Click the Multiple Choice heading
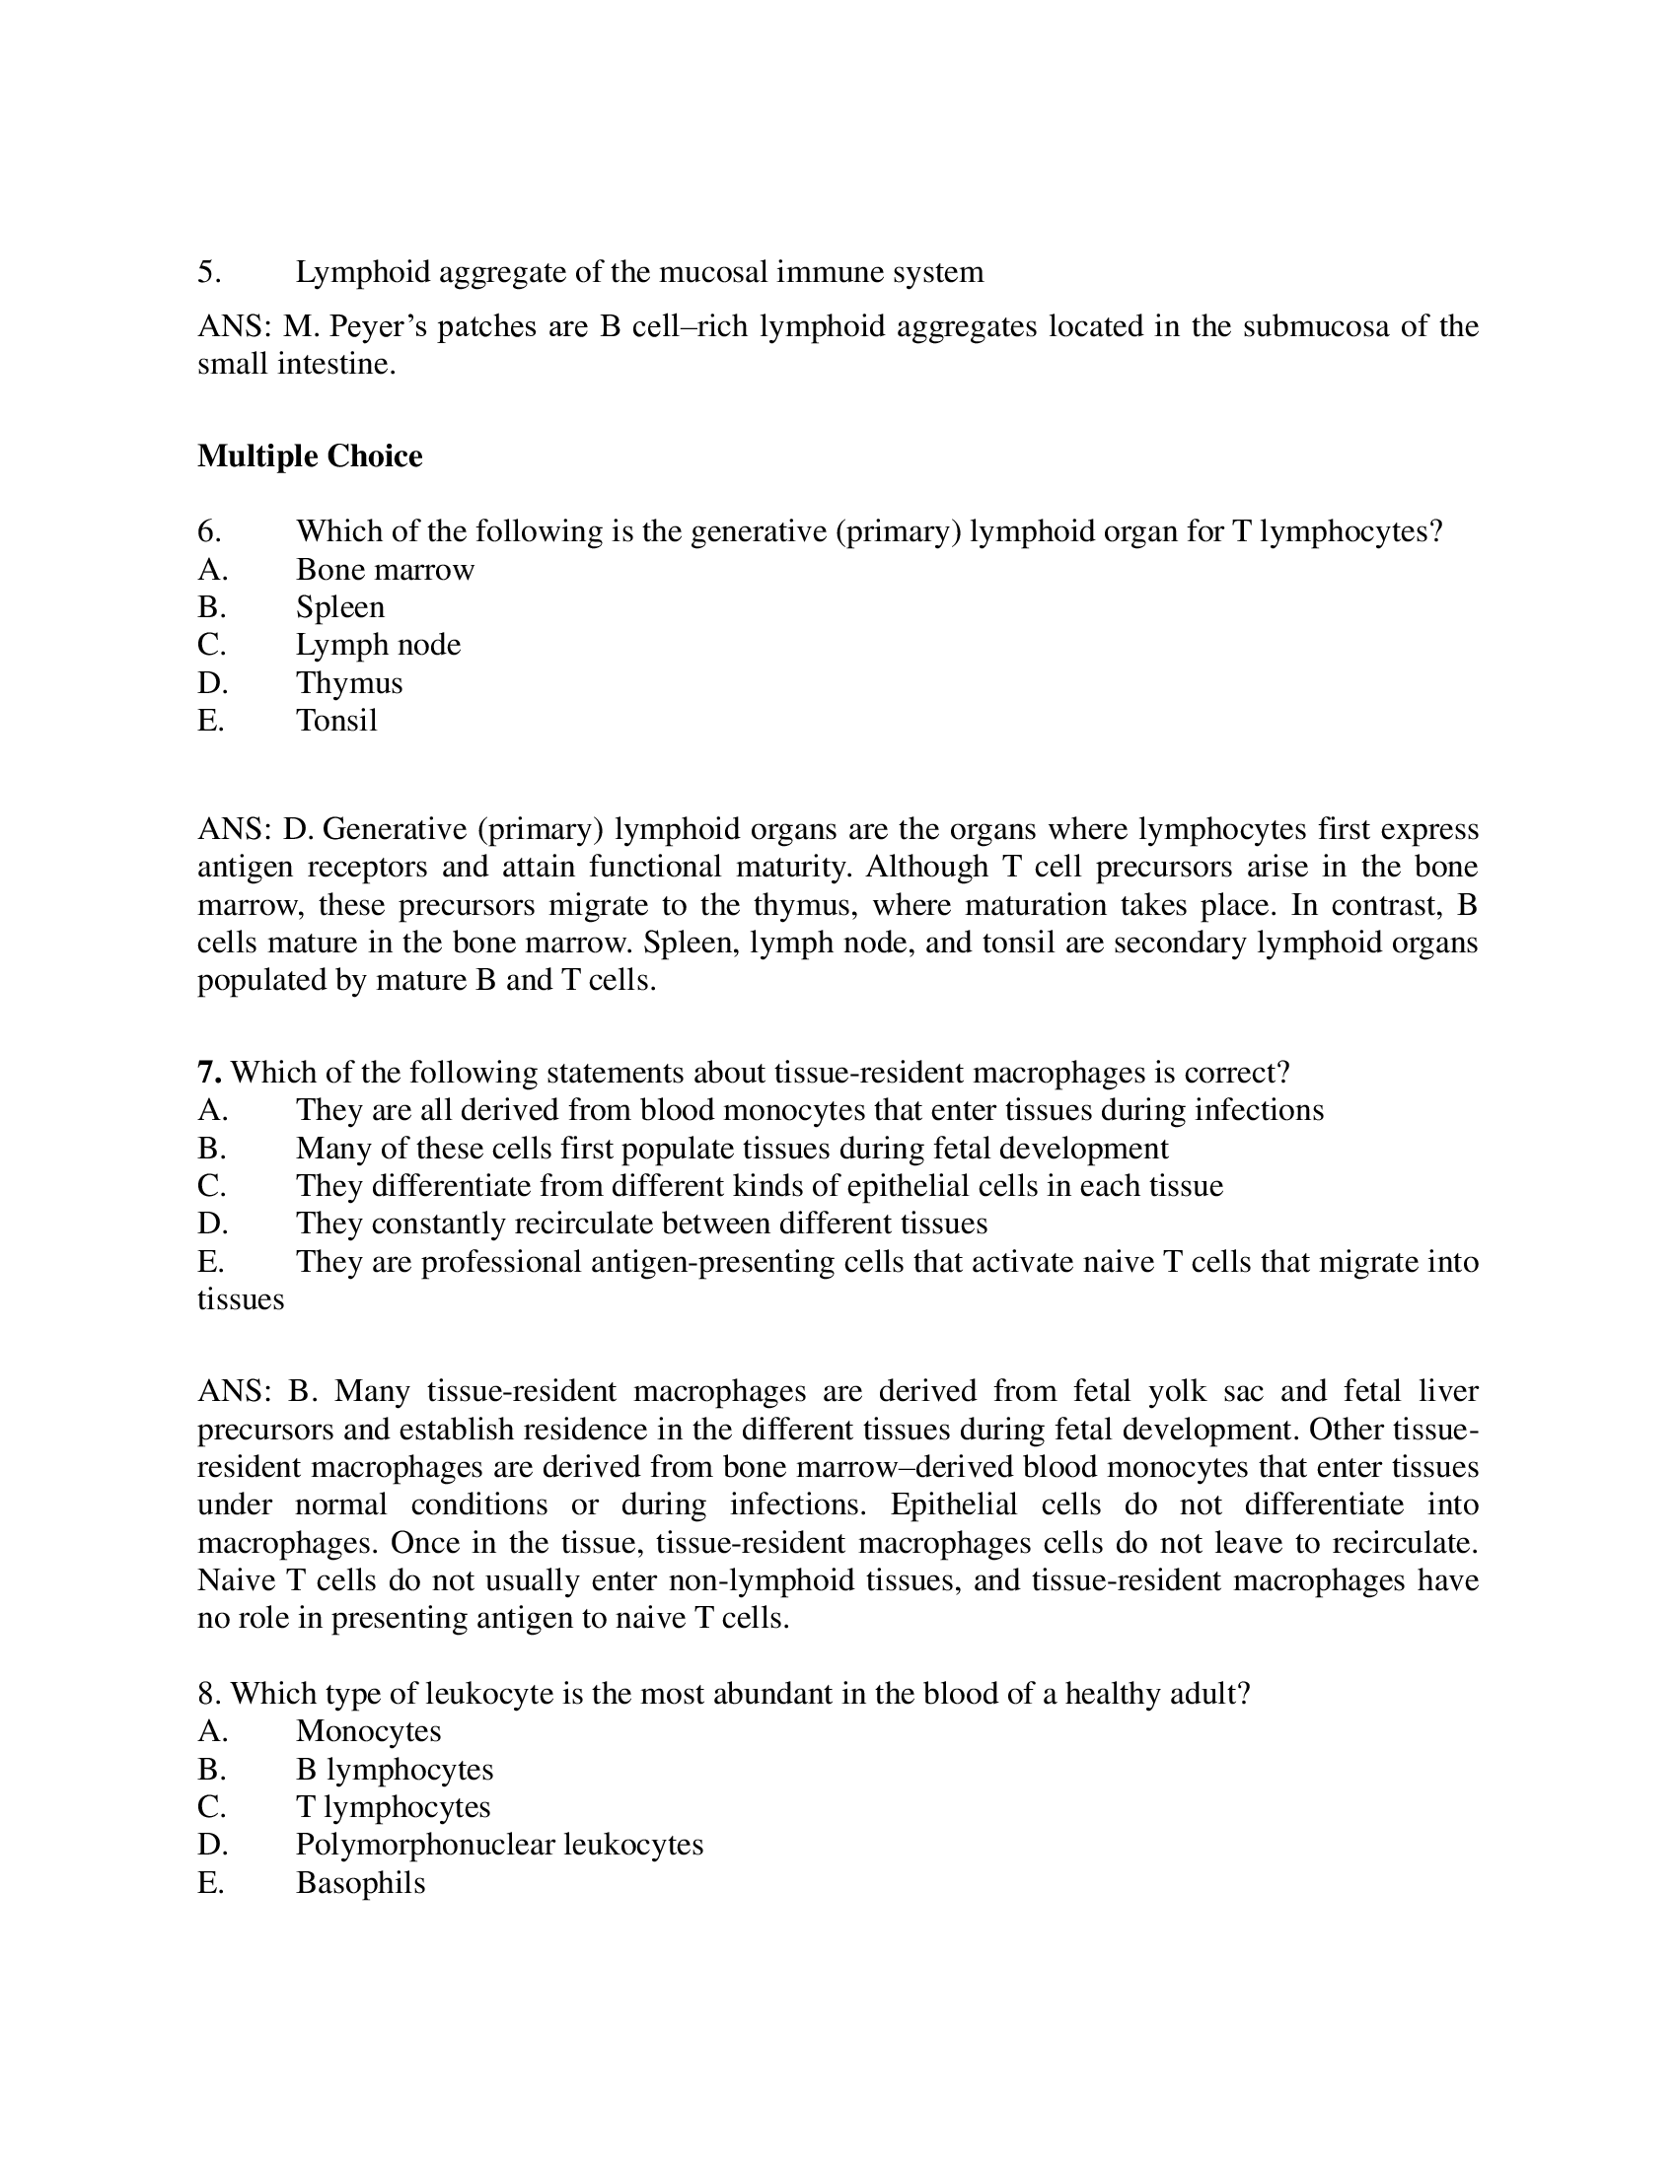pos(310,455)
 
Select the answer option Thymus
pos(348,683)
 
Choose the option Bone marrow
pos(385,570)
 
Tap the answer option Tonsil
pos(335,720)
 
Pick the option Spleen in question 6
pos(339,606)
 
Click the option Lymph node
pos(378,645)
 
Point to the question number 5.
pos(208,272)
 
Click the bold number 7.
pos(208,1073)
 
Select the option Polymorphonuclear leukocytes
pos(499,1846)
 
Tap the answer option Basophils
pos(360,1883)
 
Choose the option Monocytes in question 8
pos(368,1731)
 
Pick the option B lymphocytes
pos(394,1770)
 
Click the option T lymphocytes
pos(393,1806)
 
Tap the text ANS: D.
pos(255,829)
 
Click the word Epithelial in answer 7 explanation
pos(953,1504)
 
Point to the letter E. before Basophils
pos(211,1883)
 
